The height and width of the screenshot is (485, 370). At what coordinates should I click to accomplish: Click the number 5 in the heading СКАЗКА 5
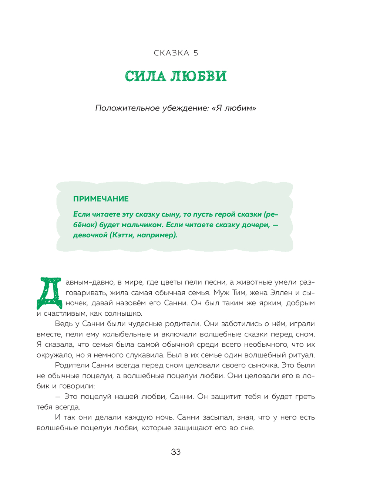pyautogui.click(x=195, y=53)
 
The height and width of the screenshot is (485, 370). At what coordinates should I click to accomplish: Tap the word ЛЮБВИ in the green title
pyautogui.click(x=198, y=76)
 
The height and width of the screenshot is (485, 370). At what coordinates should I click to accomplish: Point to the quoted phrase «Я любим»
pyautogui.click(x=234, y=108)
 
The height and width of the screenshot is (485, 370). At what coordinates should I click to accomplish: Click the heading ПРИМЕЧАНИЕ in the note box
pyautogui.click(x=101, y=199)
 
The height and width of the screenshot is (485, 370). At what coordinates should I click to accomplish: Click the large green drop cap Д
pyautogui.click(x=49, y=293)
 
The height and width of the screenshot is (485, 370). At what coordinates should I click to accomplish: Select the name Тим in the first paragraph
pyautogui.click(x=239, y=292)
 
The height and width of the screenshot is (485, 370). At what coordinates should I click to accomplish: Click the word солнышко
pyautogui.click(x=123, y=313)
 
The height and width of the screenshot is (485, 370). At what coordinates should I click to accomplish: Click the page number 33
pyautogui.click(x=176, y=452)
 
